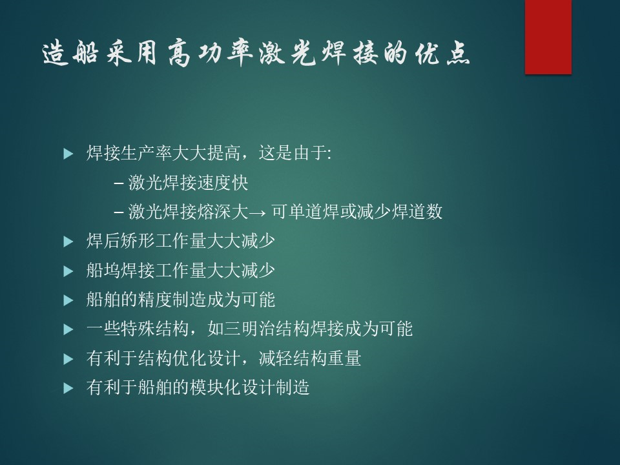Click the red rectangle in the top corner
click(548, 37)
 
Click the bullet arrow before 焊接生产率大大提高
click(68, 154)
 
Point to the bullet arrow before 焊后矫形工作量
click(68, 241)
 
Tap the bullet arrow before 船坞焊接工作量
click(68, 271)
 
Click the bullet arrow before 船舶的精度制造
click(68, 300)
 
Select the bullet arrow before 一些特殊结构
click(68, 329)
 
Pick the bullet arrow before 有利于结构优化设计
click(68, 358)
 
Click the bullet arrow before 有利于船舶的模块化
click(68, 388)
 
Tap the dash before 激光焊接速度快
click(119, 183)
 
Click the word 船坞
click(103, 271)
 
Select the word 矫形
click(138, 241)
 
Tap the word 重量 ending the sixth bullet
click(344, 358)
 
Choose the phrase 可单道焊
click(305, 212)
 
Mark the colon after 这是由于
click(329, 154)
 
